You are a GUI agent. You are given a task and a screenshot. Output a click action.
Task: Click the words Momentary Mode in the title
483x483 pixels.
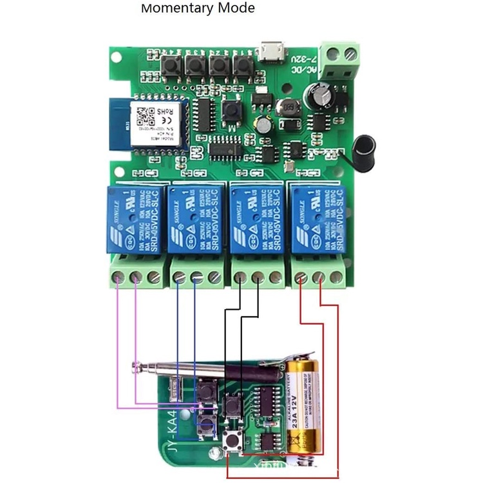tap(198, 8)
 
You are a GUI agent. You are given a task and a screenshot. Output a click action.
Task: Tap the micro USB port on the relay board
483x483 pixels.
tap(272, 51)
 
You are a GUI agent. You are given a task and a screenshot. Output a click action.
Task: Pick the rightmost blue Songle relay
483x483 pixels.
tap(319, 219)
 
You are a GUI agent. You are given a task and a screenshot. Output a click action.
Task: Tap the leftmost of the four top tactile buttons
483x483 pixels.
tap(173, 64)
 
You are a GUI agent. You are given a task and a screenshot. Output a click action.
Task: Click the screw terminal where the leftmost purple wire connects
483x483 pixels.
tap(118, 278)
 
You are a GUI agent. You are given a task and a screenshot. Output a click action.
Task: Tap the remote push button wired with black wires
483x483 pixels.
tap(231, 404)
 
